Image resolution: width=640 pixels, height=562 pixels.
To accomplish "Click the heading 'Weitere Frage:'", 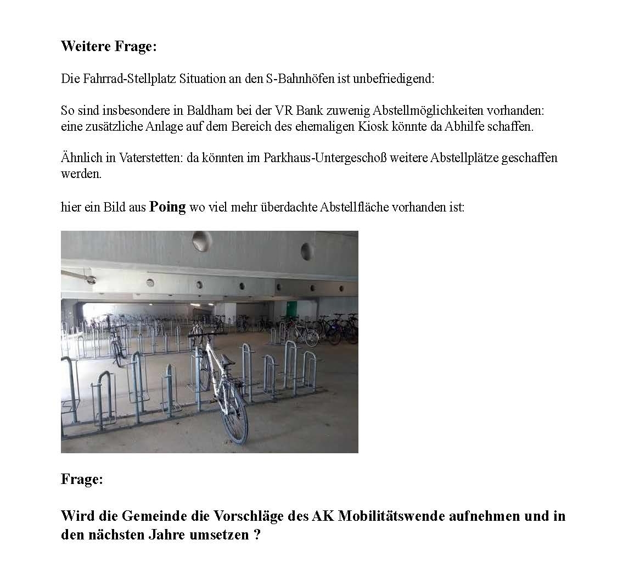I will click(109, 46).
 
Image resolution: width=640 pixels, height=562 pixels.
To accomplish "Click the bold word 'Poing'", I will click(167, 207).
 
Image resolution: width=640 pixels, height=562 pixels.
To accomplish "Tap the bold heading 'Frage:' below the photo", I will click(82, 479).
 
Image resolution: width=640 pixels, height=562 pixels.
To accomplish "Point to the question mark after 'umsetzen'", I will click(257, 535).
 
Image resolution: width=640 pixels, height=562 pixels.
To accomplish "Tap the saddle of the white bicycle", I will click(227, 360).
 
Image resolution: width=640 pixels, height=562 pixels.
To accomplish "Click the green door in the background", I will click(291, 309).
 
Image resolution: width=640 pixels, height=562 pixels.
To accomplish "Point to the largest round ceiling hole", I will click(201, 241).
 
